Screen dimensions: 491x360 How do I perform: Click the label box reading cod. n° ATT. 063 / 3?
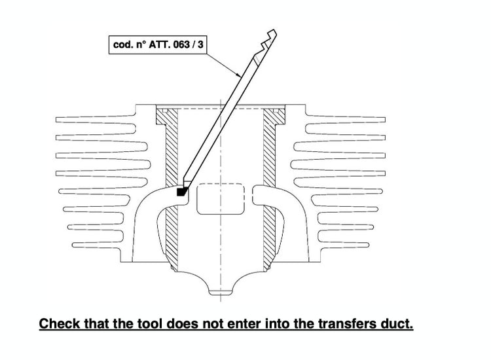pos(158,45)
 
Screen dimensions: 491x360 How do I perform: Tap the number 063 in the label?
pos(181,45)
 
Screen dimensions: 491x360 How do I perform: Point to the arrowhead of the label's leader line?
pos(239,75)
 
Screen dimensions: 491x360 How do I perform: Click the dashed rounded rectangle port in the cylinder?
pos(221,199)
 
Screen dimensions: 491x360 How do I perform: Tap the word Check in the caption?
pos(60,324)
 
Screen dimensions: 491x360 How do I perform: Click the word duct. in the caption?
pos(397,324)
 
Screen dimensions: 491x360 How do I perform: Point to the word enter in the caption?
pos(244,324)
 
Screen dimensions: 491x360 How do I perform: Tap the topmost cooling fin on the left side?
pos(96,120)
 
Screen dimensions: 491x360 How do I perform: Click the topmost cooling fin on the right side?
pos(346,120)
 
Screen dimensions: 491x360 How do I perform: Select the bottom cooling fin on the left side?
pos(96,245)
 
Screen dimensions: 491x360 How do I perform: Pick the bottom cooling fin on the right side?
pos(344,245)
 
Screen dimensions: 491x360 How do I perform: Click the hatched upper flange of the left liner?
pos(166,116)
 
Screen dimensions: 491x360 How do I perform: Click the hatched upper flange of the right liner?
pos(274,116)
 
